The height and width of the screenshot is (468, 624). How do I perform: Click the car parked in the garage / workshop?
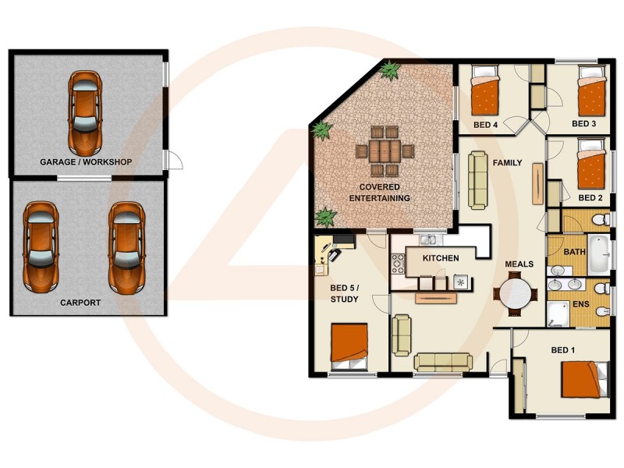[x=85, y=112]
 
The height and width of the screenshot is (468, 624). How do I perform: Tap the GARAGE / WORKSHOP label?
[x=86, y=162]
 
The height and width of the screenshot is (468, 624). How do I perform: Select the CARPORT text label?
[x=80, y=302]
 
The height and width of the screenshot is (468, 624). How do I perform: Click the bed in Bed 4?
[x=485, y=94]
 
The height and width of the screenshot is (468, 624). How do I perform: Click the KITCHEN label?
[x=441, y=258]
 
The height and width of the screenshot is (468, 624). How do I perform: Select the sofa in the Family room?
[x=478, y=179]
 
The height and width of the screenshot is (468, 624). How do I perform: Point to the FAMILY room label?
[x=507, y=162]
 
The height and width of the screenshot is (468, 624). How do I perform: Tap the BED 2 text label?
[x=590, y=198]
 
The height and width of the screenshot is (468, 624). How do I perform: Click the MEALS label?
[x=519, y=264]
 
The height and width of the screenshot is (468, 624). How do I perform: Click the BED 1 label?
[x=562, y=349]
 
